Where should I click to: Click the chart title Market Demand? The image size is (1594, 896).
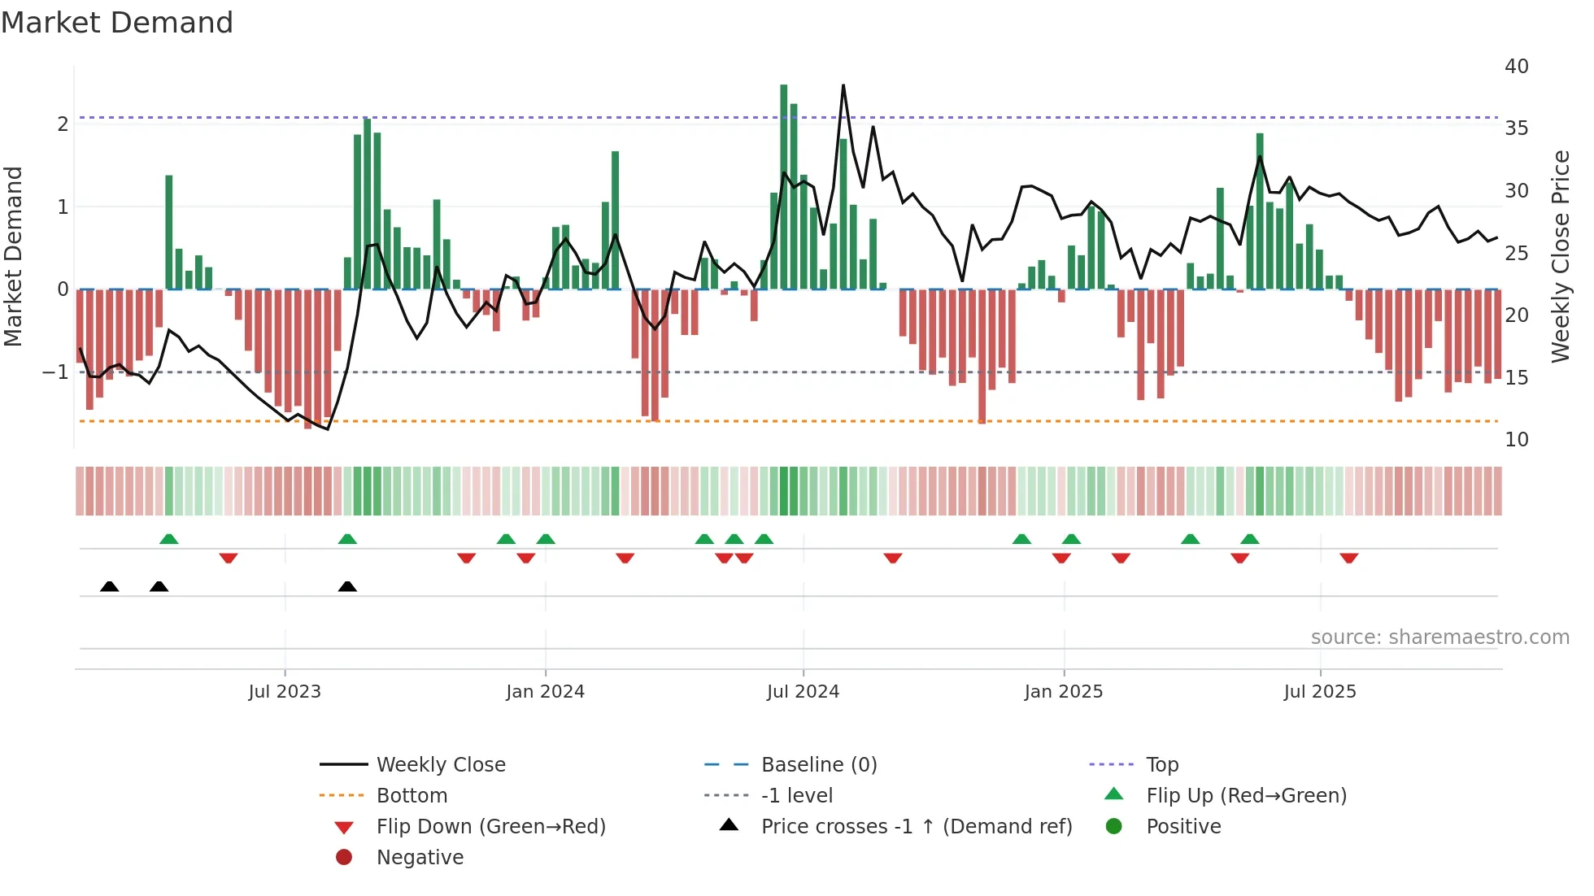tap(117, 23)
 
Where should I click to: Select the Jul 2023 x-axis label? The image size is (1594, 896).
tap(285, 692)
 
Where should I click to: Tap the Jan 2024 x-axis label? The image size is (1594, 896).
tap(545, 692)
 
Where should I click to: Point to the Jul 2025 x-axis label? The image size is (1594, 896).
tap(1320, 692)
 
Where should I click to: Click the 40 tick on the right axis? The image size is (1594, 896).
tap(1516, 67)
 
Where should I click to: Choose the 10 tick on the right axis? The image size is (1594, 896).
tap(1516, 440)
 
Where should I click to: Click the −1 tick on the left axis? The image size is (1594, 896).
tap(55, 372)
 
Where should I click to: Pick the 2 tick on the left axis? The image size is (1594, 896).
tap(63, 124)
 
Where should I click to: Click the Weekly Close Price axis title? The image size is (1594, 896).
tap(1560, 256)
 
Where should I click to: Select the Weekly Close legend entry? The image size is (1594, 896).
tap(441, 765)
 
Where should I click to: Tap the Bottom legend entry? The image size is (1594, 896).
tap(412, 796)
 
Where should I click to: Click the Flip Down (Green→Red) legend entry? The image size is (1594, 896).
tap(490, 827)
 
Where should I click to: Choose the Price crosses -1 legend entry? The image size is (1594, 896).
tap(917, 827)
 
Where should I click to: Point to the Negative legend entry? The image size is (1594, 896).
tap(420, 858)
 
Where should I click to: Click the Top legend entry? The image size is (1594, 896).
tap(1162, 765)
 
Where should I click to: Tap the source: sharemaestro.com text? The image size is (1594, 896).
tap(1439, 637)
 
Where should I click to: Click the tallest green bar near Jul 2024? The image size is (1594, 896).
tap(784, 187)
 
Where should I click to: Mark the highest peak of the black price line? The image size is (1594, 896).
tap(843, 85)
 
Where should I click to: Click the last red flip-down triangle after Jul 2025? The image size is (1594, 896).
tap(1349, 559)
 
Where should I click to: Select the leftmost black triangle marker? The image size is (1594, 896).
tap(109, 586)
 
